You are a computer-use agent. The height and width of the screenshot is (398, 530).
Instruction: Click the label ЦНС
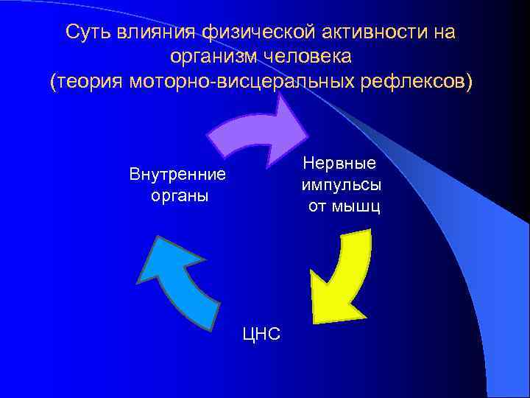261,334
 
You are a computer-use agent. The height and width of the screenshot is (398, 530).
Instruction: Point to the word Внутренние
177,175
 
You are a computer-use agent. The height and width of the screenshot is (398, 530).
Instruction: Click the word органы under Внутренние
177,196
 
